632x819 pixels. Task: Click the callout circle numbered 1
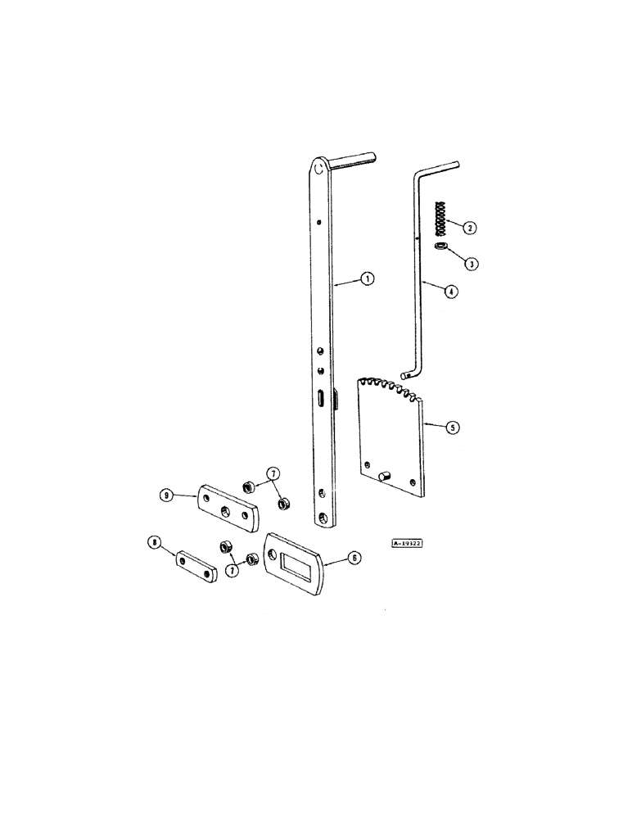coord(368,279)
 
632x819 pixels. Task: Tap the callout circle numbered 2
coord(471,228)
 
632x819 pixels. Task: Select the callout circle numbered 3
coord(471,264)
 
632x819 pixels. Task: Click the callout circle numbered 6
coord(354,556)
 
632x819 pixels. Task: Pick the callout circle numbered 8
coord(152,542)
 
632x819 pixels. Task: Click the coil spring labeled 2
coord(440,219)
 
